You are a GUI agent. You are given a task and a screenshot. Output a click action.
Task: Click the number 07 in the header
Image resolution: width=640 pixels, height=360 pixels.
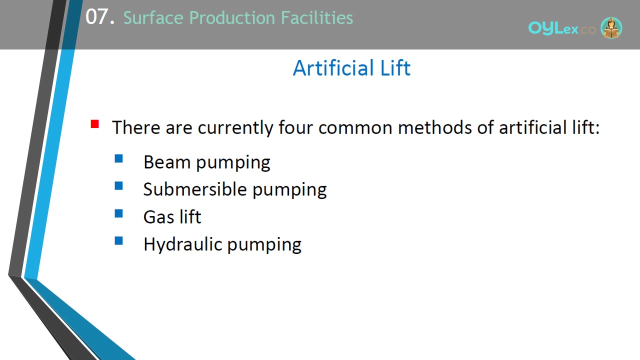tap(97, 16)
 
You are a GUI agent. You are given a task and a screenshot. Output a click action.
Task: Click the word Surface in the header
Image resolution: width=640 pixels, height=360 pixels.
tap(153, 17)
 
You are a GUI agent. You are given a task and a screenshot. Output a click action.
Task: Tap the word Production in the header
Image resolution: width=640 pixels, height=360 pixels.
tap(232, 17)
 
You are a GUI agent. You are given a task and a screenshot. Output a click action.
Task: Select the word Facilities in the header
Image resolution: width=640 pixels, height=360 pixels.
tap(317, 17)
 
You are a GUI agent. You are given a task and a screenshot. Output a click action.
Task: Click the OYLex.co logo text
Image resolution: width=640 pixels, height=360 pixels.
tap(561, 28)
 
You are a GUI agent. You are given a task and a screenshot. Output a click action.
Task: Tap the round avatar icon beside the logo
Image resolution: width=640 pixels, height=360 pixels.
tap(611, 27)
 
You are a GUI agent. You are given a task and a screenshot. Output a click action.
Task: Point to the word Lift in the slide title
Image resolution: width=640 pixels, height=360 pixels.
tap(395, 68)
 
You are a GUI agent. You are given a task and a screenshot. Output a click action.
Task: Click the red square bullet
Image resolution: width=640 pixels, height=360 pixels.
tap(95, 124)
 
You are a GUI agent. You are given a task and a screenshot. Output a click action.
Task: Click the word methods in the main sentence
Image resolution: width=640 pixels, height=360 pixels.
tap(434, 127)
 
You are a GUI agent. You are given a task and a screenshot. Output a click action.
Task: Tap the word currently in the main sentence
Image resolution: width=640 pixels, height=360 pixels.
tap(235, 128)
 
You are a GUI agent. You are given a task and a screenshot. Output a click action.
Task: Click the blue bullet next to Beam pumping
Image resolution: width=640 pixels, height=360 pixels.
tap(118, 158)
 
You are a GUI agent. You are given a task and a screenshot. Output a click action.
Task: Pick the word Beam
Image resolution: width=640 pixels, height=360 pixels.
tap(167, 162)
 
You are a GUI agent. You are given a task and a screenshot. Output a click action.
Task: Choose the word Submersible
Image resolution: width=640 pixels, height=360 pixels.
tap(195, 189)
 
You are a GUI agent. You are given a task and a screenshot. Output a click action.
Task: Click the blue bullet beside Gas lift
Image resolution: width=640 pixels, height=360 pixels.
tap(118, 213)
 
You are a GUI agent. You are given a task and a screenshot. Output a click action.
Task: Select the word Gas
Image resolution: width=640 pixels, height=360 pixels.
tap(158, 217)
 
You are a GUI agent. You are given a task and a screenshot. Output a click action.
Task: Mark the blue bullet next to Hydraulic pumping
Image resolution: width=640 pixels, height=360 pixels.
tap(118, 241)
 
